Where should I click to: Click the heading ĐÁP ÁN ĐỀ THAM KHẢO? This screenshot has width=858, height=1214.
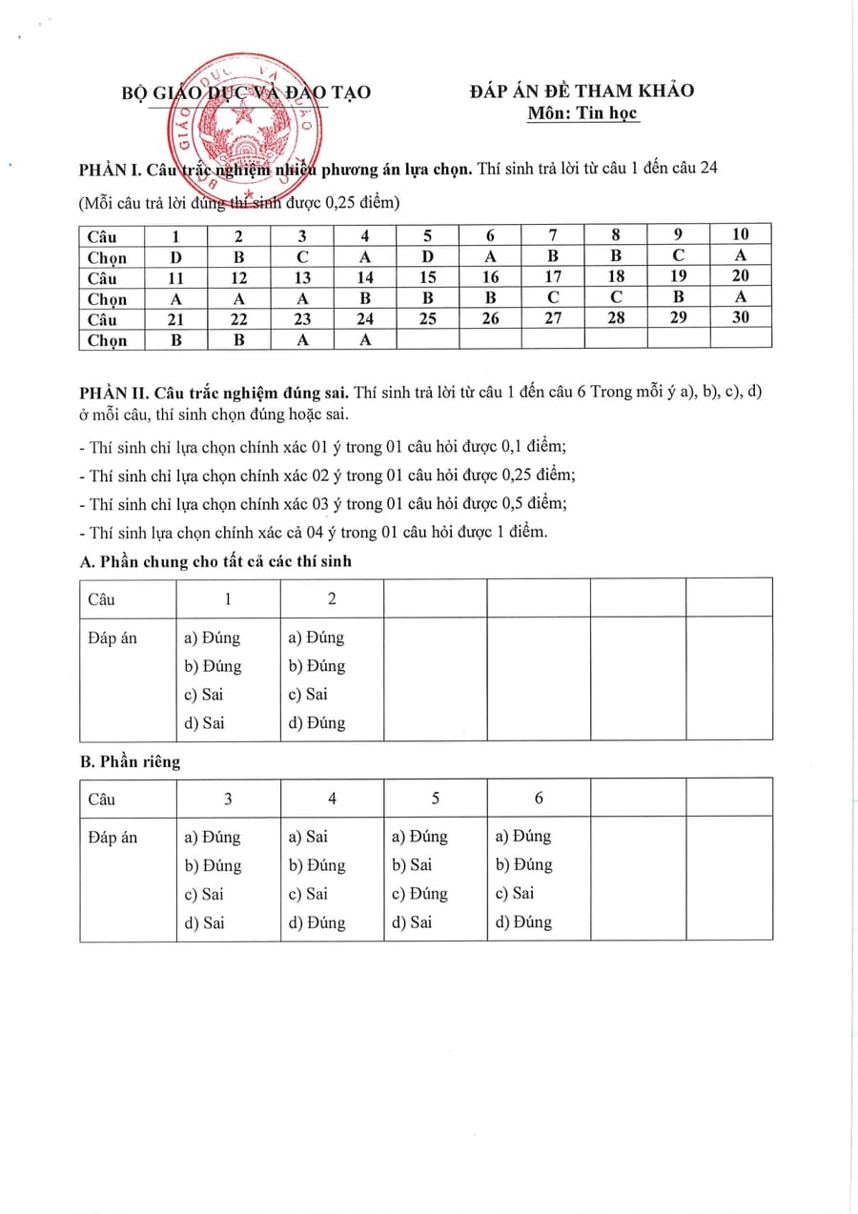582,91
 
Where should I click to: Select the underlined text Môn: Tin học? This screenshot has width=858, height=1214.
583,113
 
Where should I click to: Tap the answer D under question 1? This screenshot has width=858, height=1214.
175,256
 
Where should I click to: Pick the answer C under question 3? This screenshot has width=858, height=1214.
301,256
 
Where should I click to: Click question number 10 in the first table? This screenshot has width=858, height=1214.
740,234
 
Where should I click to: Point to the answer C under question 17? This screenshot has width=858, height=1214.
553,297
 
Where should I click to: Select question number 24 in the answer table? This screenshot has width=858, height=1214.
365,319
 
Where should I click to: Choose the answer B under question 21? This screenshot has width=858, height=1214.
175,340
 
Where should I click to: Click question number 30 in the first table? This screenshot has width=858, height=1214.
740,318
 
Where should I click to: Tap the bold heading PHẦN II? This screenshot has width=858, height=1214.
110,392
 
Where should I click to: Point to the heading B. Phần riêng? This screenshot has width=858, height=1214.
131,761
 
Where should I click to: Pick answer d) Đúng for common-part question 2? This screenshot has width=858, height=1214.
317,722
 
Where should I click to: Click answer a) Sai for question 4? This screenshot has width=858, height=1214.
307,836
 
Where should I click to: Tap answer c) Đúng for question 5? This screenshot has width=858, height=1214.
419,894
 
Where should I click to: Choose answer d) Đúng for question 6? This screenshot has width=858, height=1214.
523,922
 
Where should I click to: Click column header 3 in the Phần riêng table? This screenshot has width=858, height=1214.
228,799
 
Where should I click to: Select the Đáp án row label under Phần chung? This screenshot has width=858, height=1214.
112,637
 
